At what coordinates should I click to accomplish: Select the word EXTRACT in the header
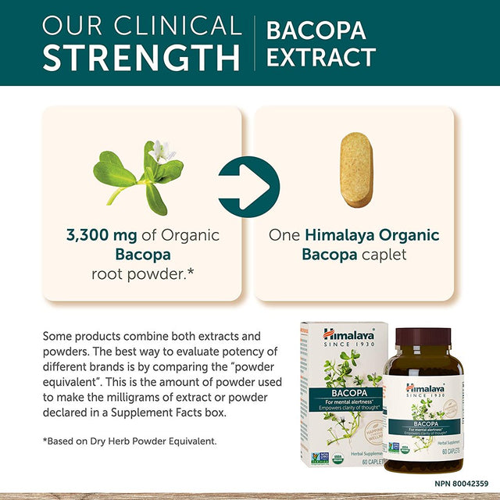321,58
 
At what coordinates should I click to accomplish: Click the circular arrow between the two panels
248,187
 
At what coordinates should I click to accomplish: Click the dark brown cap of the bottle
423,338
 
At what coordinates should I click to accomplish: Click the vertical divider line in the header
254,42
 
